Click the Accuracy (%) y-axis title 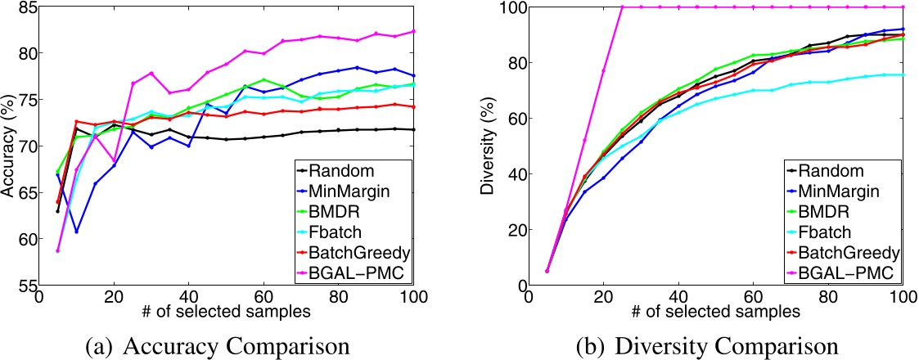(x=9, y=148)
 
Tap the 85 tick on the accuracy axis (x=27, y=9)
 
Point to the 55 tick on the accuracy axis (x=27, y=285)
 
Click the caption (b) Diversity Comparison (x=708, y=343)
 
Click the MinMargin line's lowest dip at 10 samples (x=77, y=232)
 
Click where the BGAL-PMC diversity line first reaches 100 (x=622, y=7)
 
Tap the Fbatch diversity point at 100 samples (x=903, y=74)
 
